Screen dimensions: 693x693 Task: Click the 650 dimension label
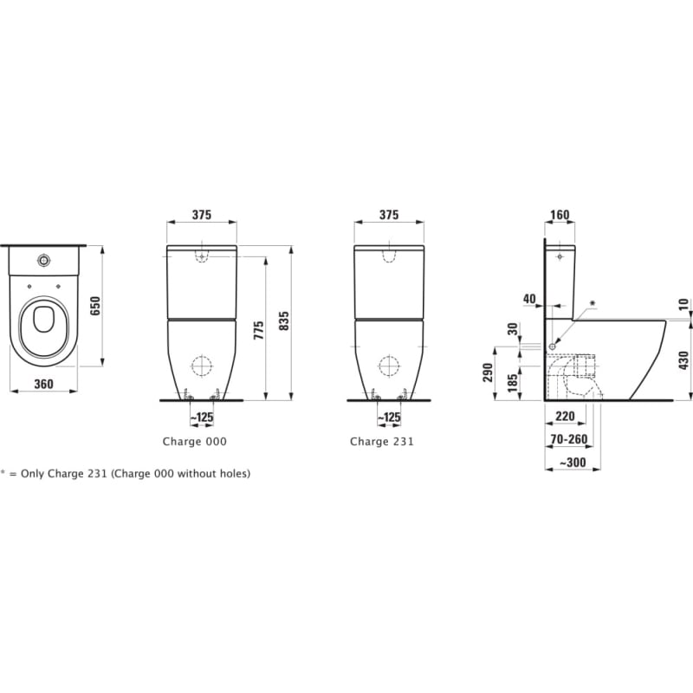point(95,306)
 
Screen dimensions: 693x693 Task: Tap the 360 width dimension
point(44,384)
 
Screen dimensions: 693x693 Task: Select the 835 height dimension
point(284,321)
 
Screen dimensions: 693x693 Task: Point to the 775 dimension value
point(258,330)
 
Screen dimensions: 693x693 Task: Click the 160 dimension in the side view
point(560,215)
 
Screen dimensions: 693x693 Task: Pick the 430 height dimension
point(683,360)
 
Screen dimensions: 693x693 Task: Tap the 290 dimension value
point(488,372)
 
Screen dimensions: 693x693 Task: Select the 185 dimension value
point(512,383)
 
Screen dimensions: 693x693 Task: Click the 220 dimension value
point(565,416)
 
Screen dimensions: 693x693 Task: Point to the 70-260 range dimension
point(569,439)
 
